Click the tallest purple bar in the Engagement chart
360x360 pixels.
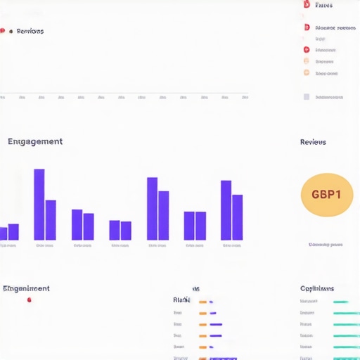click(39, 205)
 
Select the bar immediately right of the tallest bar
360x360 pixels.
click(51, 220)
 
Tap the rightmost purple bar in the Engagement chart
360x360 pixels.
click(238, 217)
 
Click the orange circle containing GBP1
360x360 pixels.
click(326, 194)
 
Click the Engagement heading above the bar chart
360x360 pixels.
click(35, 141)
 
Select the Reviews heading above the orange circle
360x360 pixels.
click(313, 142)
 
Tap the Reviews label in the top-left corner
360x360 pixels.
click(30, 31)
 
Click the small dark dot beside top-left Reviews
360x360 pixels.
click(11, 31)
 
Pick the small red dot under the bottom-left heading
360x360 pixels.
click(29, 300)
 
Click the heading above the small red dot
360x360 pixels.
click(26, 288)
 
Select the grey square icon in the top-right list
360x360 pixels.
click(306, 97)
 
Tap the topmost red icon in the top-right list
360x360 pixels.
click(306, 5)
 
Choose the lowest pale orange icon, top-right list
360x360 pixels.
click(306, 72)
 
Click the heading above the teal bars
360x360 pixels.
click(317, 288)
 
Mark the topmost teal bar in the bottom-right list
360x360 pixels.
click(341, 302)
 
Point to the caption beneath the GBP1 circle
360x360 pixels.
click(326, 245)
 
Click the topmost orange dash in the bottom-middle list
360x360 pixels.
click(202, 302)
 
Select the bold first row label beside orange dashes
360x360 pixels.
click(181, 300)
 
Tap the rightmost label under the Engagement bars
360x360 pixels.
click(232, 246)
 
